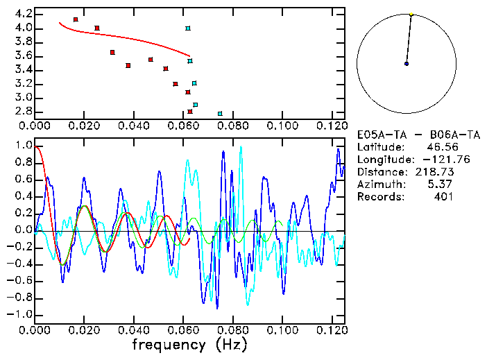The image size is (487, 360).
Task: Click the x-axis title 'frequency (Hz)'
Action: point(189,344)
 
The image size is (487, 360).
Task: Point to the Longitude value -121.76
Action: point(432,160)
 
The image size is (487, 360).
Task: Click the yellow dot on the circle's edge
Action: point(411,14)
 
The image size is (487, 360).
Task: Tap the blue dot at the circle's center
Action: point(407,64)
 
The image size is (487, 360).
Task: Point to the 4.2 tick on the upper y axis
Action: point(23,14)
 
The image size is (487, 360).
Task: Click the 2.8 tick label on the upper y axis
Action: point(23,111)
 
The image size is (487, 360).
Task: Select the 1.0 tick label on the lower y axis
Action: point(23,146)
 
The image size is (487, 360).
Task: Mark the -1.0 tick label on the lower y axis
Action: point(21,314)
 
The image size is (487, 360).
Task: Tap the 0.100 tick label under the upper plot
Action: point(282,126)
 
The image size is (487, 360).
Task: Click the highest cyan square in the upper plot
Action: point(188,28)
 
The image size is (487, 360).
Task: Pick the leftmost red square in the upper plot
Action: point(76,19)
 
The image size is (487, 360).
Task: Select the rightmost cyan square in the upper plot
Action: point(220,113)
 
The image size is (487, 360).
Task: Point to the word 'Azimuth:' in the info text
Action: point(380,185)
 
